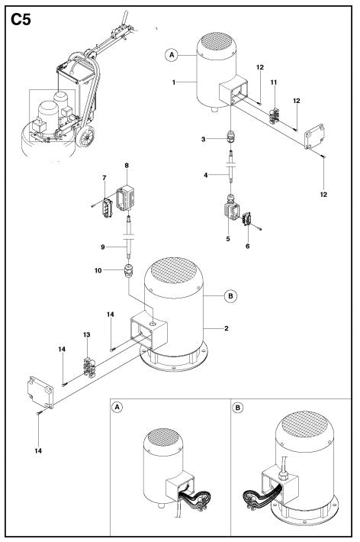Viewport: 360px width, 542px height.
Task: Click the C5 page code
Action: pos(21,20)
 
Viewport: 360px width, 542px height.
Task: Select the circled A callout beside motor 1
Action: pos(172,55)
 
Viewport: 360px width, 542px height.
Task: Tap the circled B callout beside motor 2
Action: pos(231,296)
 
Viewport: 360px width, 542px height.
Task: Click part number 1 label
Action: pos(174,82)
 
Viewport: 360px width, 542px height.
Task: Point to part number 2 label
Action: pos(227,328)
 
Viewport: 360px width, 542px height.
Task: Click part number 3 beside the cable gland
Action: pos(203,139)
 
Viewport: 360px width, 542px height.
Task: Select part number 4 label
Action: pos(206,176)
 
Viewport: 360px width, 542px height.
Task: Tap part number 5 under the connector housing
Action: pos(228,239)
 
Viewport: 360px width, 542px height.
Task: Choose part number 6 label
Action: pos(247,246)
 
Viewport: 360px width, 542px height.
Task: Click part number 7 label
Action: pos(104,178)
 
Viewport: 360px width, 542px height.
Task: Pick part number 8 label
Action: pos(127,166)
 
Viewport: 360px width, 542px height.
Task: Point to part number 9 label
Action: pos(103,247)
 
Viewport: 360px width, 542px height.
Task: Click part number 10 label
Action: pos(98,270)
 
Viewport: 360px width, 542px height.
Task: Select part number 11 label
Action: pos(274,82)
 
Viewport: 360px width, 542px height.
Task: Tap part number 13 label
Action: pos(86,334)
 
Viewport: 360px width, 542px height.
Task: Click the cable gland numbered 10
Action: pos(128,271)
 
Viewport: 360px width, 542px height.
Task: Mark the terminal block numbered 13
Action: pos(89,366)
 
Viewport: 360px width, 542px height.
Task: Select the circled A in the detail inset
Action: pos(117,407)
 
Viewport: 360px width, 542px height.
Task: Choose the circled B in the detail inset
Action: pos(238,408)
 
